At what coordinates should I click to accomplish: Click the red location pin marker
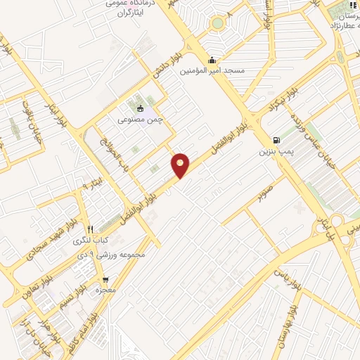tap(181, 165)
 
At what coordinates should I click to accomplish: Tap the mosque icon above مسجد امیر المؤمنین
tap(213, 60)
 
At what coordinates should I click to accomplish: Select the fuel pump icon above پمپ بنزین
tap(276, 139)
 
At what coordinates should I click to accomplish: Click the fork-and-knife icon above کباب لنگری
tap(90, 229)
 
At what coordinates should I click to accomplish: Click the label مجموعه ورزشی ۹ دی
tap(113, 255)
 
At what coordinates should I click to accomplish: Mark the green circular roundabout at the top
tap(218, 23)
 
